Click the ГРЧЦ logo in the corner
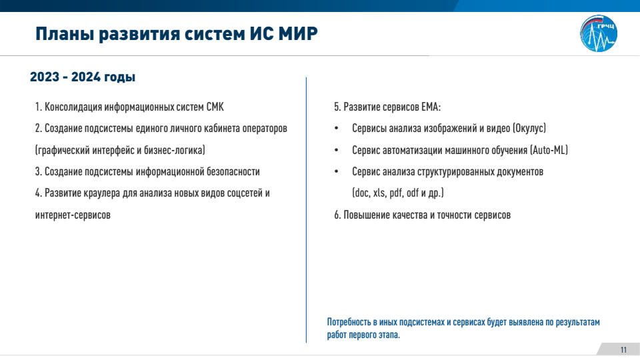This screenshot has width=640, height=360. tap(599, 33)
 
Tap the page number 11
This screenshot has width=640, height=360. tap(623, 350)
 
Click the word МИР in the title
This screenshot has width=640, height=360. tap(298, 33)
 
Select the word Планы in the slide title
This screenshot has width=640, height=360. tap(65, 33)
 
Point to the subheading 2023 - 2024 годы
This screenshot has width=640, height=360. tap(83, 77)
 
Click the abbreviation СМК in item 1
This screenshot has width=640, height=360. tap(215, 107)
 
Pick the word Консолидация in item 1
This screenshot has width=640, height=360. tap(73, 107)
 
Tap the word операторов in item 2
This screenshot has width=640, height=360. tap(265, 129)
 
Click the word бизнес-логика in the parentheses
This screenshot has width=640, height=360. tap(173, 150)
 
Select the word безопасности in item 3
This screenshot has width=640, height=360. tap(233, 172)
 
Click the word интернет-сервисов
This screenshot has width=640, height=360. tap(73, 215)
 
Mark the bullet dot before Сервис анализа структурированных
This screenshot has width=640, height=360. tap(336, 172)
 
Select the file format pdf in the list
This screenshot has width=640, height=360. tap(396, 193)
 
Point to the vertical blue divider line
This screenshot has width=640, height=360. tap(306, 210)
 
